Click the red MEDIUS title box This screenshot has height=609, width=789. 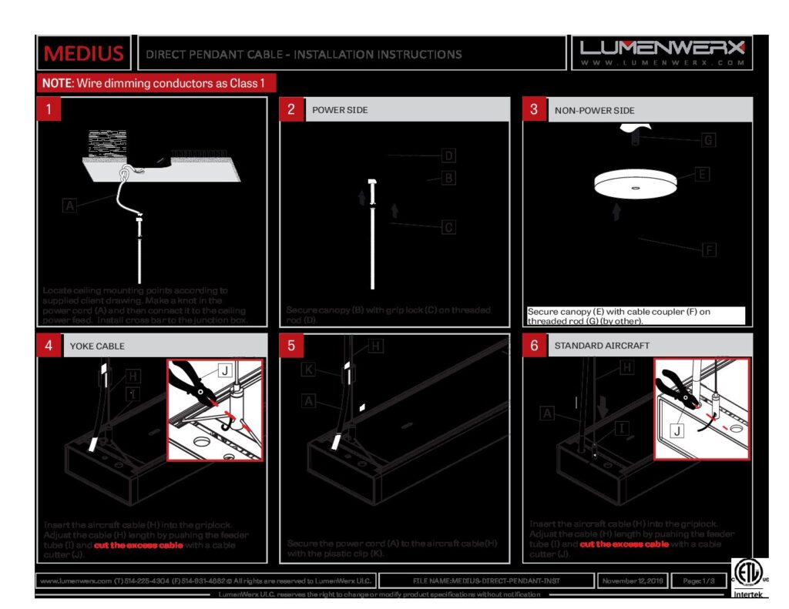coord(84,53)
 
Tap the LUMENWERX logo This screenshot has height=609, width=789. coord(663,52)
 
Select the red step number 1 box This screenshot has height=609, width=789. coord(49,109)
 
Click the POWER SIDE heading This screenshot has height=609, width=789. coord(340,110)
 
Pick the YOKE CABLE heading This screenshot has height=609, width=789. coord(97,346)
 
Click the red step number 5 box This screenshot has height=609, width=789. coord(291,346)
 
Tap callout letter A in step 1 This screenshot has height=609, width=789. coord(70,206)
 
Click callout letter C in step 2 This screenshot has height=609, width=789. coord(448,227)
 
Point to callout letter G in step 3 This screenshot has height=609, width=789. coord(707,140)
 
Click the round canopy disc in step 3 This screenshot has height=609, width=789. coord(635,182)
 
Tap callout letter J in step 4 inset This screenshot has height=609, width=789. coord(224,371)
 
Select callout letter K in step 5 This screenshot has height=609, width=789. coord(308,370)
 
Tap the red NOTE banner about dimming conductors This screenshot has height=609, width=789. coord(156,83)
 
